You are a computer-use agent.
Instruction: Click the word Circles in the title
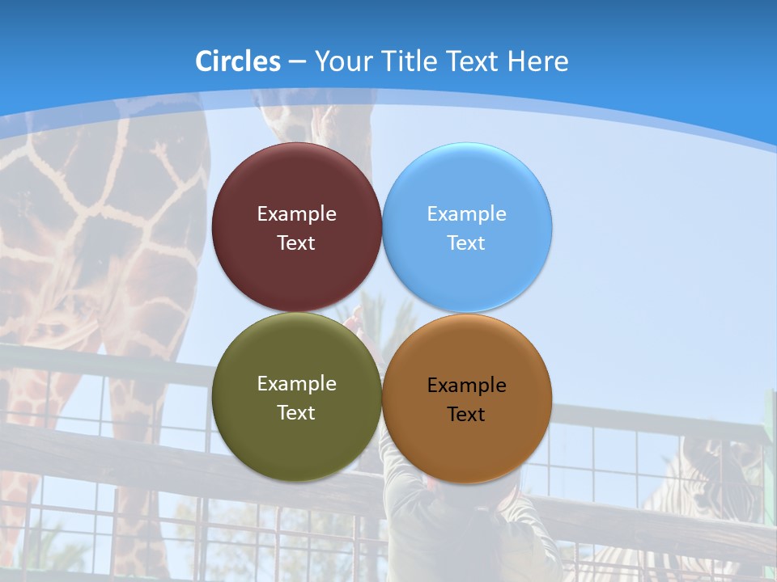coord(238,61)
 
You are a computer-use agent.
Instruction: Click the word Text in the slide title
coord(474,61)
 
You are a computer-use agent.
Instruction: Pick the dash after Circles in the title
coord(297,62)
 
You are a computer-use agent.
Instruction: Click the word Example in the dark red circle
coord(296,214)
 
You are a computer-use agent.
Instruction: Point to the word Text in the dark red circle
coord(296,243)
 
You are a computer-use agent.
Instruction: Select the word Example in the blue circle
coord(466,214)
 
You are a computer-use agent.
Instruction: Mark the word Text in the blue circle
coord(466,243)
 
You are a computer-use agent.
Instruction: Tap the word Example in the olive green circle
coord(296,384)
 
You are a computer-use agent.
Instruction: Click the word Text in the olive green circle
coord(296,413)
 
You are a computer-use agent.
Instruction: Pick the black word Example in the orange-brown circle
coord(466,386)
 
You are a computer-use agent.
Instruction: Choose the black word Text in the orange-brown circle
coord(466,415)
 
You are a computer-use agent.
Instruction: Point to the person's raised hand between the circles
coord(352,321)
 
